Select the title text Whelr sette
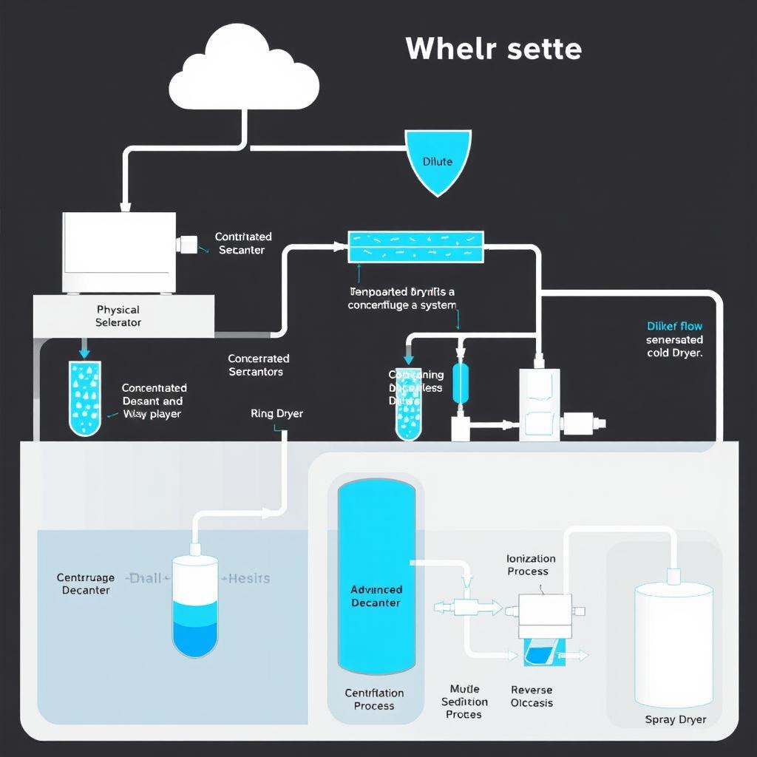click(x=493, y=49)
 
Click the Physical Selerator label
click(x=118, y=316)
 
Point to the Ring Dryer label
click(x=277, y=414)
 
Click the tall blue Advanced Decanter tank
click(x=376, y=577)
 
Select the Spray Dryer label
click(x=675, y=719)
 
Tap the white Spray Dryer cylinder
click(x=673, y=643)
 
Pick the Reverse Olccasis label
click(x=532, y=696)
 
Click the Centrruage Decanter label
click(x=86, y=584)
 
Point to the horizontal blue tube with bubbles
click(x=415, y=247)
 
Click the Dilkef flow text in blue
click(x=674, y=326)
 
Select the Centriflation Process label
click(x=374, y=699)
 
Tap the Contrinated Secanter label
click(x=243, y=243)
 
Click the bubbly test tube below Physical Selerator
click(x=85, y=397)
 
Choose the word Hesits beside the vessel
click(x=250, y=578)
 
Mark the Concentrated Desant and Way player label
click(x=154, y=401)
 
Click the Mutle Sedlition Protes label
click(x=464, y=702)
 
